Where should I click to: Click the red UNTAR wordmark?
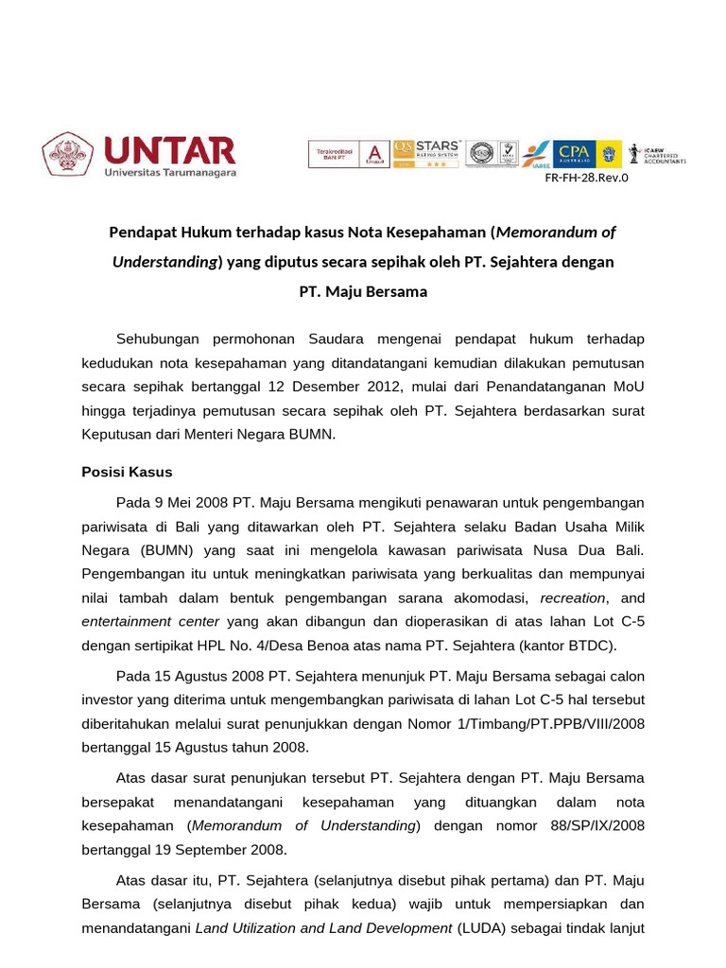coord(169,150)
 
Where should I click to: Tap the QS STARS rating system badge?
coord(426,153)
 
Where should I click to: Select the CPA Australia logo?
coord(574,153)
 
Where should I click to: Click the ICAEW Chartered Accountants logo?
coord(658,153)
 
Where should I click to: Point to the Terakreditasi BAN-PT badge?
coord(347,153)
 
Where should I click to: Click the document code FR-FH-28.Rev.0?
coord(586,177)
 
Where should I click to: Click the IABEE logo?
coord(535,154)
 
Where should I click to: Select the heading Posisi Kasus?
coord(128,472)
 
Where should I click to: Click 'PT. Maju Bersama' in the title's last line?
coord(363,291)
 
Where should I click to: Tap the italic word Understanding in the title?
coord(164,262)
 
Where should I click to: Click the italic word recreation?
coord(573,598)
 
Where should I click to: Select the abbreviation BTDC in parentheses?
coord(591,646)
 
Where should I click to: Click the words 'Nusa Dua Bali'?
coord(596,549)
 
